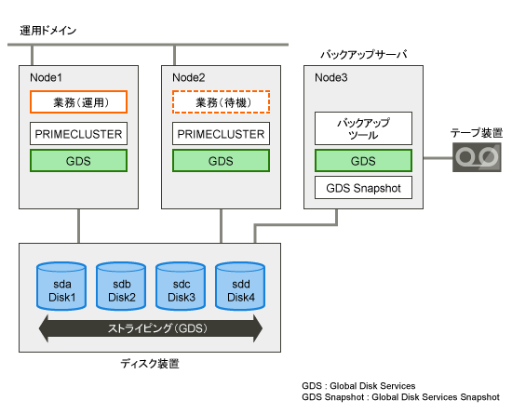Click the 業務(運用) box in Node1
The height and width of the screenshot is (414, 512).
[78, 102]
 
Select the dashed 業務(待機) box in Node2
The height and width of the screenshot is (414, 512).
[221, 102]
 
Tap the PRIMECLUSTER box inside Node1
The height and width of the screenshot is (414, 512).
[78, 134]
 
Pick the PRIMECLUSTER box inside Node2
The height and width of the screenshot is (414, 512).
[221, 134]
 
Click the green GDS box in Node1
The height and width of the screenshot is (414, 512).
[78, 161]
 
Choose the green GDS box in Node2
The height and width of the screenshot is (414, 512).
[221, 161]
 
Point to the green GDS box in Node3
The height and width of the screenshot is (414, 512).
[363, 161]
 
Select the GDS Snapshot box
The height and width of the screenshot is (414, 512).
[363, 188]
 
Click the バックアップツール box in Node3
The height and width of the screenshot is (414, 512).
[363, 128]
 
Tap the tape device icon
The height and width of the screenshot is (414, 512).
[477, 157]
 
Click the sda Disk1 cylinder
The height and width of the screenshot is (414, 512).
[61, 287]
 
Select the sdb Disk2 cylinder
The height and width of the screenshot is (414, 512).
[121, 287]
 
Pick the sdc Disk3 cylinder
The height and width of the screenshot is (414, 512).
[181, 287]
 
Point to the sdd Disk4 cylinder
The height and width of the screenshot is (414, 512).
[240, 287]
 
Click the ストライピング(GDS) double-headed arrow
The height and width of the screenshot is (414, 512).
[151, 328]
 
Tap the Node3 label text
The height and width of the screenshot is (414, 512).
[331, 77]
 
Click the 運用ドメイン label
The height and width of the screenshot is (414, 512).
[48, 31]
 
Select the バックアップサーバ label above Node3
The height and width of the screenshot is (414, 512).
[364, 54]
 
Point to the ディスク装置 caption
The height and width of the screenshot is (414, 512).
[150, 364]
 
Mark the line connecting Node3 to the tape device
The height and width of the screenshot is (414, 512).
[438, 158]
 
